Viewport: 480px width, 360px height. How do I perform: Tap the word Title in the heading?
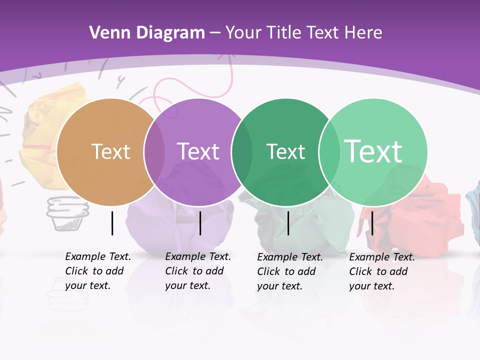click(x=285, y=33)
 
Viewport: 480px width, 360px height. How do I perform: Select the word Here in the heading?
click(x=364, y=33)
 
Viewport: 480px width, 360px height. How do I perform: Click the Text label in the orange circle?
click(x=110, y=151)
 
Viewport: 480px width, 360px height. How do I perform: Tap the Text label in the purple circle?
click(x=198, y=151)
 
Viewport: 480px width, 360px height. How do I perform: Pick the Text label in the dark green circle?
click(x=285, y=151)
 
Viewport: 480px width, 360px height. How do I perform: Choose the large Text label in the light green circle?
click(x=373, y=151)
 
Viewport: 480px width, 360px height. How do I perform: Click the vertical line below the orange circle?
click(x=112, y=223)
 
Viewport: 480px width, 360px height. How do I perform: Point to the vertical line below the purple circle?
click(x=200, y=223)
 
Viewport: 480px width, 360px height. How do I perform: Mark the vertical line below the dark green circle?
click(x=288, y=223)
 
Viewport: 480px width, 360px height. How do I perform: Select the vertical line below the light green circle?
click(x=372, y=223)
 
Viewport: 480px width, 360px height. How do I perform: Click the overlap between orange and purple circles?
click(x=154, y=152)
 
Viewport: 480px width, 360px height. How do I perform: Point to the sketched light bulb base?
click(x=67, y=214)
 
